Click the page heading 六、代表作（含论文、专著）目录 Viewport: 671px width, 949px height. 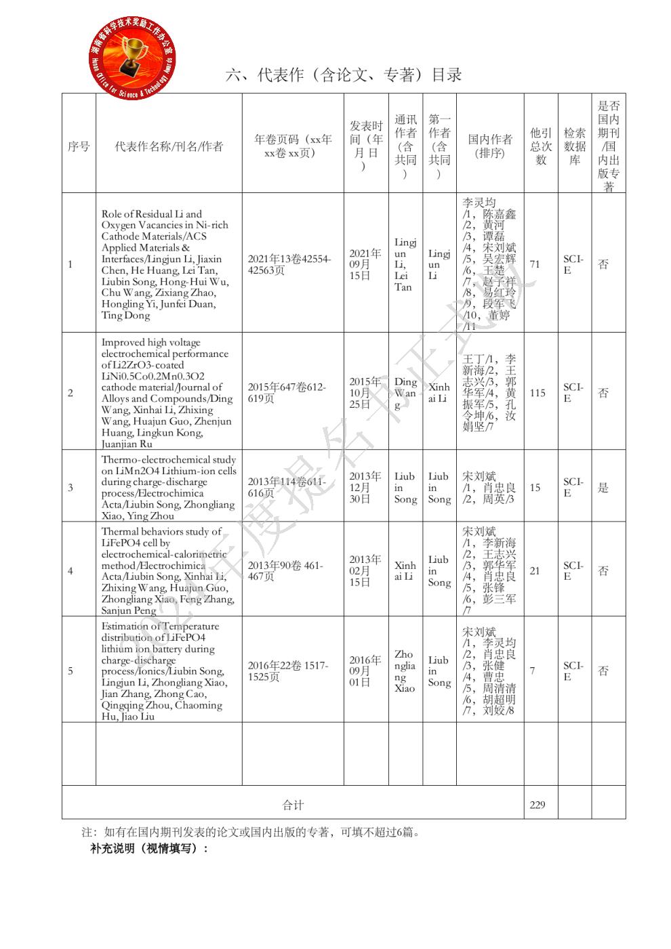344,75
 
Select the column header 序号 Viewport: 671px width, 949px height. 79,146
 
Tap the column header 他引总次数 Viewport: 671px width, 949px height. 541,146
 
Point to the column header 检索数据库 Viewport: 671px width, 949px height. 575,146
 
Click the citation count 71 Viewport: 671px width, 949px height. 535,264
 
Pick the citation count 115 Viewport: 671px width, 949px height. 537,393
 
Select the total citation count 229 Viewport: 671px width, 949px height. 537,805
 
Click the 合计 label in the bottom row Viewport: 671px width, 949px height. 293,805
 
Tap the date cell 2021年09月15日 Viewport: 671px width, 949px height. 365,264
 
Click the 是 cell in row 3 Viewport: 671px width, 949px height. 603,488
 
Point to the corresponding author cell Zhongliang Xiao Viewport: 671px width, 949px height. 405,671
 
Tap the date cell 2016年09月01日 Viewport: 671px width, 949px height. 365,671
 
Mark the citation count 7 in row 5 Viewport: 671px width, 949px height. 532,671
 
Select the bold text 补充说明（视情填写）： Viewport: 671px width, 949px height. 149,848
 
